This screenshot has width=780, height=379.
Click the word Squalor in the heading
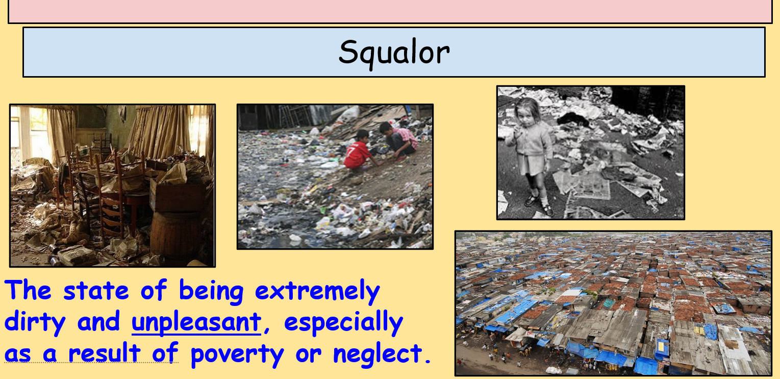[x=394, y=53]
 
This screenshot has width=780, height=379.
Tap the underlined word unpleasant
[x=196, y=322]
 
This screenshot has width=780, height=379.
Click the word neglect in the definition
[x=378, y=353]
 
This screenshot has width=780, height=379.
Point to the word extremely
[x=317, y=291]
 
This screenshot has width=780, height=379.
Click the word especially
[x=344, y=322]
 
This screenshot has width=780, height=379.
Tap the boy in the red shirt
[x=359, y=151]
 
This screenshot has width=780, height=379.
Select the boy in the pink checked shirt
[x=399, y=139]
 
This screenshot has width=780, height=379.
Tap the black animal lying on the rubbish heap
[x=573, y=119]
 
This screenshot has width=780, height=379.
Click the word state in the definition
[x=96, y=291]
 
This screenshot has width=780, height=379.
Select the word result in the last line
[x=105, y=353]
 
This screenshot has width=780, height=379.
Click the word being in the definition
[x=211, y=291]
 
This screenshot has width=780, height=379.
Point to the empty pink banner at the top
[x=390, y=11]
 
